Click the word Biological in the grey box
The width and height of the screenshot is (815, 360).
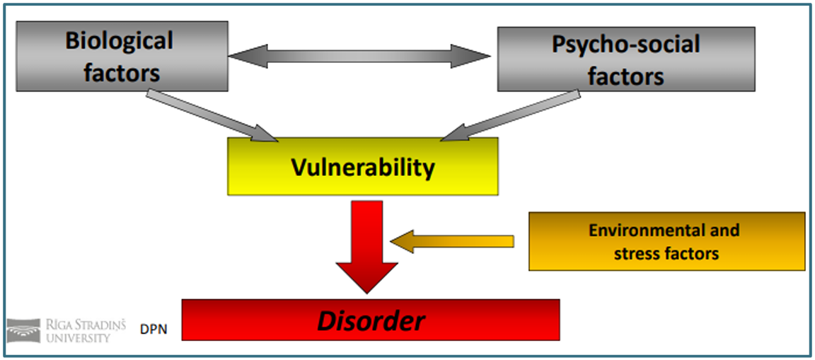pyautogui.click(x=119, y=41)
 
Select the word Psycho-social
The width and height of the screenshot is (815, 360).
pyautogui.click(x=625, y=45)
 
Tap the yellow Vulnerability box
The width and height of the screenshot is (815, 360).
pyautogui.click(x=362, y=168)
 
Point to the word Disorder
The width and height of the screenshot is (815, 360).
pyautogui.click(x=371, y=322)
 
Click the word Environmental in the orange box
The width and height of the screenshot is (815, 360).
pyautogui.click(x=664, y=231)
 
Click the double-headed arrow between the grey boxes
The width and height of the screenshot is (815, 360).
pyautogui.click(x=359, y=57)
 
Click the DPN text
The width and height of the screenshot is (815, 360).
pyautogui.click(x=154, y=329)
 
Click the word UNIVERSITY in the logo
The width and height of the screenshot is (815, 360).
pyautogui.click(x=78, y=337)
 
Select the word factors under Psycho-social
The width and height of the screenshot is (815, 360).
pyautogui.click(x=625, y=76)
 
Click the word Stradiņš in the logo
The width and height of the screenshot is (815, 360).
pyautogui.click(x=96, y=325)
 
